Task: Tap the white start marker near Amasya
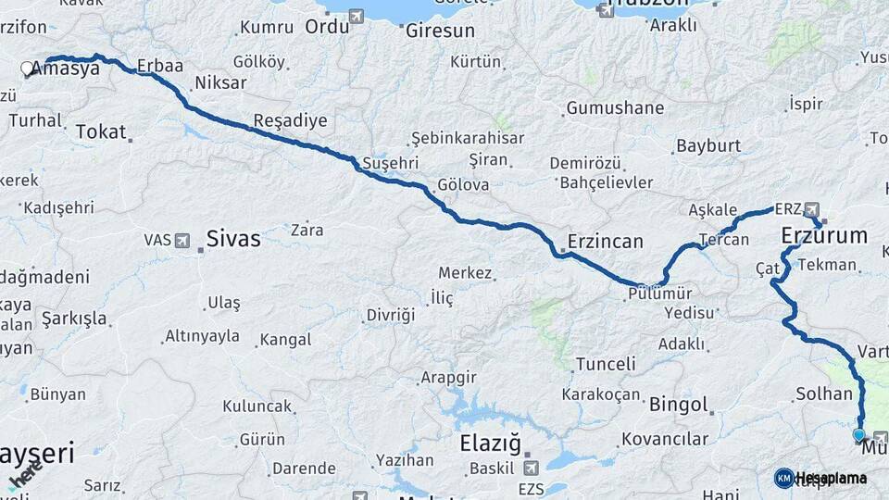point(26,68)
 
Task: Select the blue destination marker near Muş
point(858,434)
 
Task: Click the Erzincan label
point(607,242)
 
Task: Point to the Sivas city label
point(232,239)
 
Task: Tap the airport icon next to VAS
point(182,240)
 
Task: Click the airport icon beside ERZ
point(811,208)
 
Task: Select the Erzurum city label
point(824,235)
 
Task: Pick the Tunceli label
point(606,364)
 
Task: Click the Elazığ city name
point(491,443)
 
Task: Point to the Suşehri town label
point(391,163)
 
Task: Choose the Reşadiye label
point(290,121)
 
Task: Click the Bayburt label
point(708,145)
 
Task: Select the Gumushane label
point(615,107)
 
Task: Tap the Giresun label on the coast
point(440,31)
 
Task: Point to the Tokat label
point(100,131)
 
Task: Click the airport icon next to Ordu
point(357,16)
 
